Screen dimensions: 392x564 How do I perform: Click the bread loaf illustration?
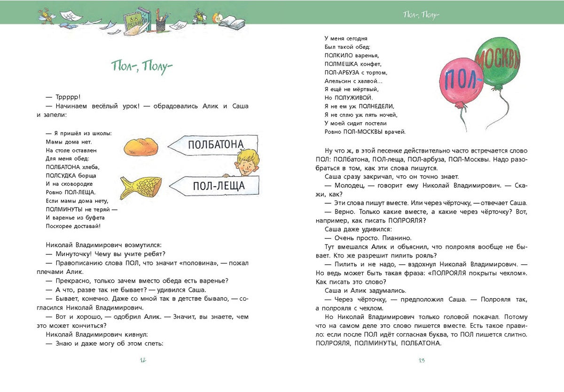[x=140, y=147]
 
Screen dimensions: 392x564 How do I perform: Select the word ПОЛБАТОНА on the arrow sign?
[x=216, y=145]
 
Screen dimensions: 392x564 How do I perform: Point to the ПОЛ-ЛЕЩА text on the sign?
[x=219, y=186]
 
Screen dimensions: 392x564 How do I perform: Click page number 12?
[x=143, y=360]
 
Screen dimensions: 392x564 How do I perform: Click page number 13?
[x=422, y=360]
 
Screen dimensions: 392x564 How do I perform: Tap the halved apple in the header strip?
[x=216, y=19]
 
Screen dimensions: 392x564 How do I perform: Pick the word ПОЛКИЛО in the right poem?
[x=339, y=55]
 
